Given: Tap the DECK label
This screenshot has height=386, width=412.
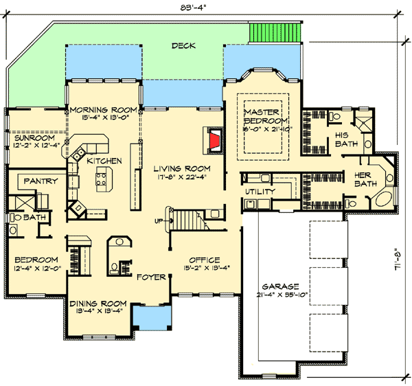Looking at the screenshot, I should tap(183, 46).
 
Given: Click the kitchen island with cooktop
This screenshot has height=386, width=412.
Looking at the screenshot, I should tap(102, 181).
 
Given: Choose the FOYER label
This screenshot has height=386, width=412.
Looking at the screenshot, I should tap(150, 277).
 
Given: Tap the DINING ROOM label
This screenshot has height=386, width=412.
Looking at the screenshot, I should tap(98, 303).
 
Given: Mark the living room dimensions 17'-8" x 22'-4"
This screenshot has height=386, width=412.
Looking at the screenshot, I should tap(181, 176).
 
